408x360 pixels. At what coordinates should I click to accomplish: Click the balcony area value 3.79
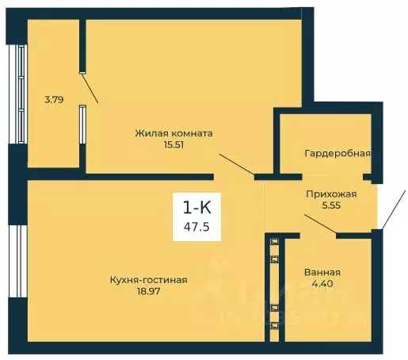(x=54, y=100)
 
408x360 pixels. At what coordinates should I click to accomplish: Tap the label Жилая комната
(x=173, y=133)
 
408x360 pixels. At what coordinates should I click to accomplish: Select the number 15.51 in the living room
(x=173, y=145)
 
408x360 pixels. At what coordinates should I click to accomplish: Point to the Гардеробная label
(x=337, y=153)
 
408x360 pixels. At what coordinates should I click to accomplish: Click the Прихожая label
(x=331, y=193)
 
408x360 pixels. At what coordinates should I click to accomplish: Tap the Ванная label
(x=322, y=271)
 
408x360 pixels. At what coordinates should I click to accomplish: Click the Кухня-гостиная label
(x=149, y=279)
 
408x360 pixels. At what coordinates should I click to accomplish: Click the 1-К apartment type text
(x=197, y=208)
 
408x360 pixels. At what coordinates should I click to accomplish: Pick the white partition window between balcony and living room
(x=82, y=124)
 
